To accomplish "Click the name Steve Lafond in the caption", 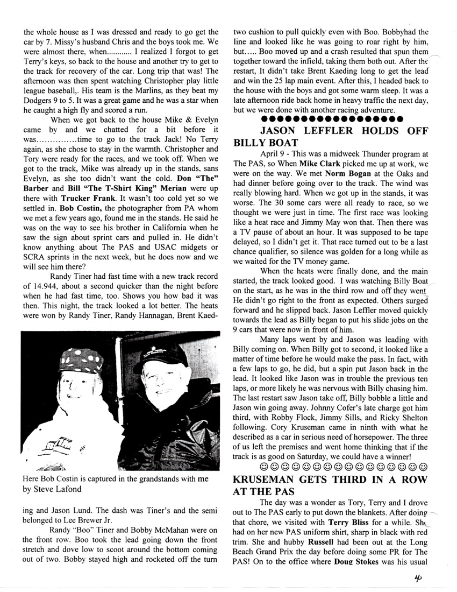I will (55, 489).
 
